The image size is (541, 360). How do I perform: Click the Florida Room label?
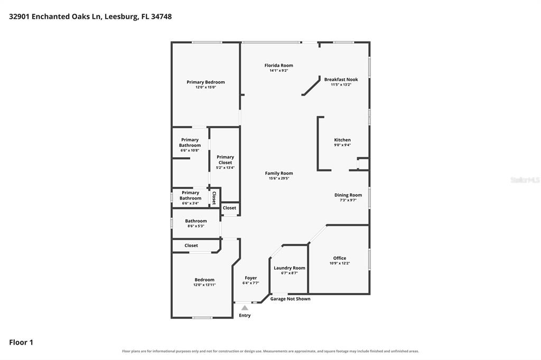[x=279, y=65]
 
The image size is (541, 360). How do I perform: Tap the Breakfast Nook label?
[x=341, y=79]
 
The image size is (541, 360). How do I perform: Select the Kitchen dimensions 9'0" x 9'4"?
[x=342, y=145]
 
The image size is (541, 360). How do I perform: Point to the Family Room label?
[x=279, y=173]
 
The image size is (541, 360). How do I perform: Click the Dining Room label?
[x=348, y=195]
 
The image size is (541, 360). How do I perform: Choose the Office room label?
[x=340, y=258]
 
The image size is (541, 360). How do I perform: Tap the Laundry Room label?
[x=289, y=268]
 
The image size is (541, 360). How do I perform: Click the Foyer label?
[x=251, y=278]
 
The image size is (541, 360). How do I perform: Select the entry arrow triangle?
[x=245, y=308]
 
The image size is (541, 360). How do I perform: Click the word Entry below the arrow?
[x=245, y=315]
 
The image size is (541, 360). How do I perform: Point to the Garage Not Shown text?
[x=290, y=299]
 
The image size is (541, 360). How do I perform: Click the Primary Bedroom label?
[x=206, y=82]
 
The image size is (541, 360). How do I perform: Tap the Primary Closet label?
[x=225, y=159]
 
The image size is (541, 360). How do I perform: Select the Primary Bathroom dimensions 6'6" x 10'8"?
[x=190, y=150]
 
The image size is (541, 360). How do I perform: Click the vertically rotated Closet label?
[x=214, y=198]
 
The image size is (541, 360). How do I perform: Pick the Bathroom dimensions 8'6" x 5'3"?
[x=196, y=226]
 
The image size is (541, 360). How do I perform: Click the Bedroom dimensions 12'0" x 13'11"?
[x=204, y=285]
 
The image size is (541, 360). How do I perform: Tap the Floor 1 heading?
[x=21, y=343]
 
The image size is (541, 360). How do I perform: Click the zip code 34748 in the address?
[x=161, y=16]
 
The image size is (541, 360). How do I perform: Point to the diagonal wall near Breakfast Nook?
[x=311, y=86]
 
